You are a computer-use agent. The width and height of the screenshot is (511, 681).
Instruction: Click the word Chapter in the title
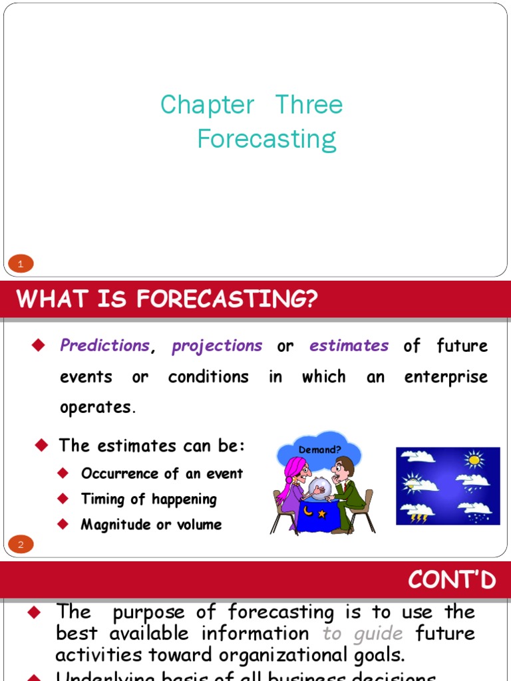(207, 106)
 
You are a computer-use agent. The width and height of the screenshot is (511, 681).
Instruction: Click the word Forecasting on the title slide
(267, 140)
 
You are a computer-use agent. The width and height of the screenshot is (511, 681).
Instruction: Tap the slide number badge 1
(21, 265)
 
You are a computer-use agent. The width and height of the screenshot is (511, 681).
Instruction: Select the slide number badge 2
(21, 545)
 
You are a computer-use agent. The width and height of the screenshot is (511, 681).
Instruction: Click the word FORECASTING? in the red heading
(227, 300)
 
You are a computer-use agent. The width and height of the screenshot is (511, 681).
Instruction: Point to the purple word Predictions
(104, 346)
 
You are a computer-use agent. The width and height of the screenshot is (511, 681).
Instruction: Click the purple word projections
(217, 346)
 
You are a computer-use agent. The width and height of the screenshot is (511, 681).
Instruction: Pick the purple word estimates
(349, 346)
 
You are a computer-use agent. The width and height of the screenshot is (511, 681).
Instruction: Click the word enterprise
(446, 377)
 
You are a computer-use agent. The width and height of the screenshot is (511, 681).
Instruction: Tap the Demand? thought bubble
(319, 450)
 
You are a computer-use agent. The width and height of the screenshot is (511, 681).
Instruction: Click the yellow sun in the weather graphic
(474, 459)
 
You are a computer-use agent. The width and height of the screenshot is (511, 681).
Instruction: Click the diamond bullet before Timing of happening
(63, 498)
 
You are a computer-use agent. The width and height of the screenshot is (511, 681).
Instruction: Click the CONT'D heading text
(452, 581)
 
